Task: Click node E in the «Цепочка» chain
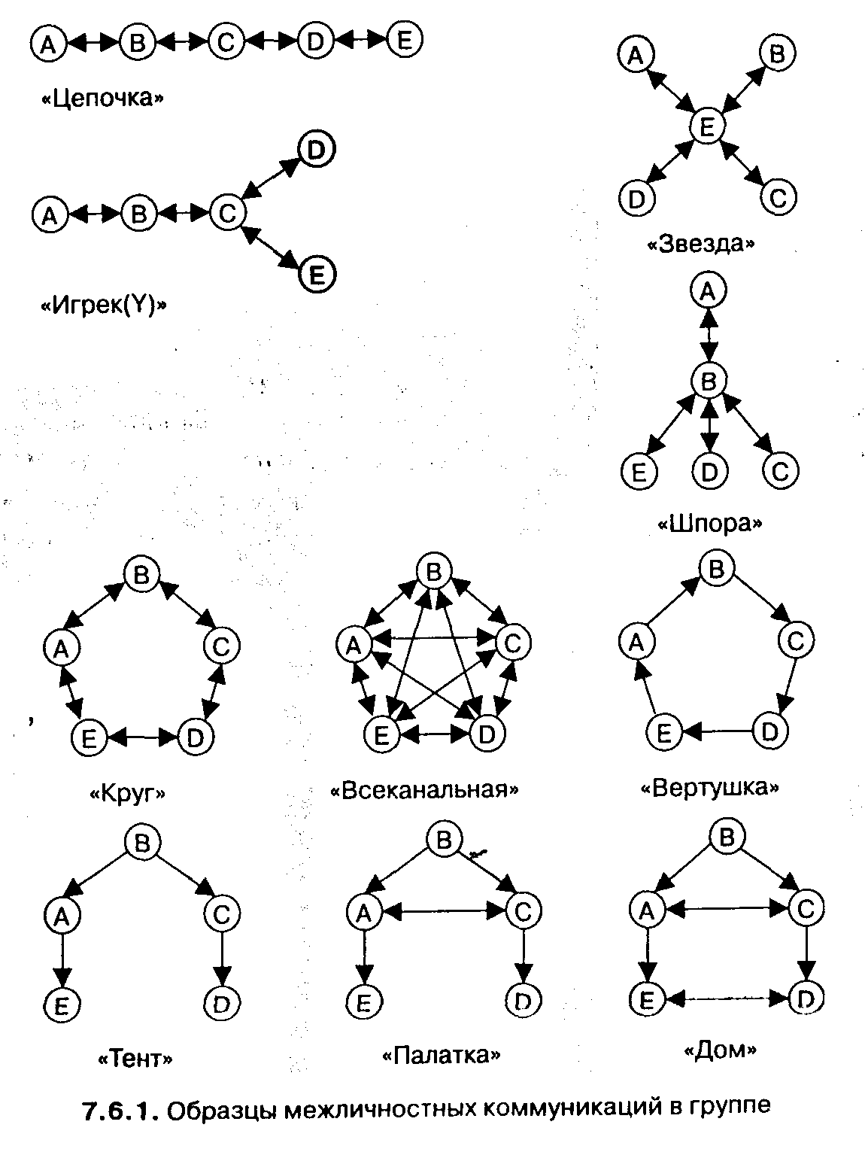(x=405, y=41)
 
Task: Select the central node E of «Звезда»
(x=706, y=126)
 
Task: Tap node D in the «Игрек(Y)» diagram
(x=316, y=149)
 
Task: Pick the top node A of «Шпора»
(x=707, y=291)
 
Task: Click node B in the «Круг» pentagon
(x=141, y=575)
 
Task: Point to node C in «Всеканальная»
(x=513, y=643)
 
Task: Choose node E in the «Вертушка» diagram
(x=663, y=732)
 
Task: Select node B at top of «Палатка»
(x=444, y=840)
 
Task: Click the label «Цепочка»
(x=102, y=99)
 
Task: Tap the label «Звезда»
(x=700, y=244)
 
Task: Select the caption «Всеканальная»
(x=425, y=790)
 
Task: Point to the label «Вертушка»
(x=709, y=788)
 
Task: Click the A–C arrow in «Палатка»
(x=444, y=912)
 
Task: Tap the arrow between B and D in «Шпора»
(x=708, y=425)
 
